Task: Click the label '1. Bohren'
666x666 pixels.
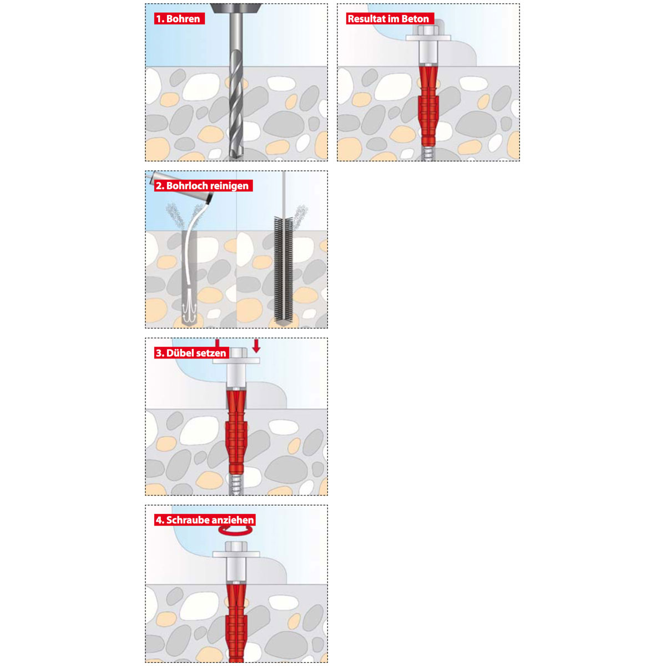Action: [x=179, y=18]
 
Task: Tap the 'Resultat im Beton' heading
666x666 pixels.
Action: [x=390, y=18]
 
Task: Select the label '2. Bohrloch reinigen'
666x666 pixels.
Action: [x=203, y=185]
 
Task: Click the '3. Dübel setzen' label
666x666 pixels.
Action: [x=191, y=353]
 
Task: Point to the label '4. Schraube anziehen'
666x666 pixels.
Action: [x=205, y=520]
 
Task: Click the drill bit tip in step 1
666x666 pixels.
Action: [x=236, y=157]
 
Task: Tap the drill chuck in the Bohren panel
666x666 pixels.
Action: [x=236, y=8]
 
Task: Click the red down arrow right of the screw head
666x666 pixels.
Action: [x=256, y=346]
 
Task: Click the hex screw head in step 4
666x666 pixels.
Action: [x=236, y=546]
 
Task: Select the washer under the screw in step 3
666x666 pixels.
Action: [x=236, y=361]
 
